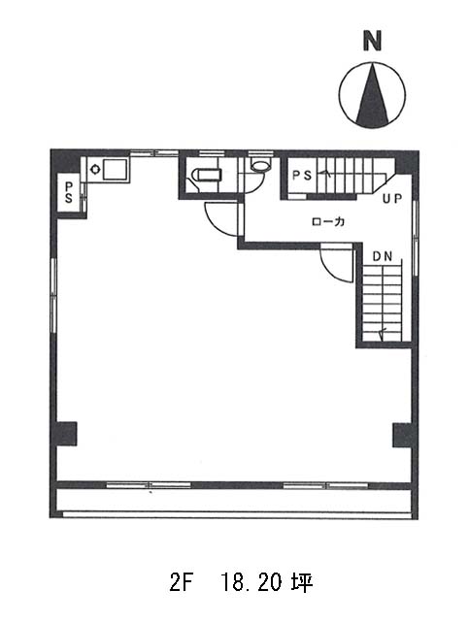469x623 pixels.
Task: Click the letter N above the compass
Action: pyautogui.click(x=372, y=41)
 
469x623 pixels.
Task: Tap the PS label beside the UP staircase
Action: pyautogui.click(x=302, y=175)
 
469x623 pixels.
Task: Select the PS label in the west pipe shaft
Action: pyautogui.click(x=69, y=192)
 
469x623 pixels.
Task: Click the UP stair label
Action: pyautogui.click(x=392, y=199)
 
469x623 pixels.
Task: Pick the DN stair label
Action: pyautogui.click(x=383, y=256)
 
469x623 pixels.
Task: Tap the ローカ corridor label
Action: pyautogui.click(x=328, y=221)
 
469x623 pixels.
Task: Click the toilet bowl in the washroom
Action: pyautogui.click(x=206, y=175)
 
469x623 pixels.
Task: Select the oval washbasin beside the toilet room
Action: pyautogui.click(x=260, y=166)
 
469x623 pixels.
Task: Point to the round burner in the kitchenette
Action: pyautogui.click(x=95, y=169)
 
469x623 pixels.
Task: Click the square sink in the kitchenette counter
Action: pyautogui.click(x=116, y=170)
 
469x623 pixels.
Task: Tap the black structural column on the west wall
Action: pyautogui.click(x=66, y=434)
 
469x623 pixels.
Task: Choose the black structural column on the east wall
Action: pyautogui.click(x=402, y=435)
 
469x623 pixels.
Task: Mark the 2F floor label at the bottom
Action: pyautogui.click(x=181, y=583)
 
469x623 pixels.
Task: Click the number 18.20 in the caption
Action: pyautogui.click(x=251, y=583)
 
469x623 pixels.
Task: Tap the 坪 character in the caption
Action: pyautogui.click(x=302, y=583)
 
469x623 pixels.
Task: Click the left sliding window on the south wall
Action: pyautogui.click(x=149, y=485)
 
